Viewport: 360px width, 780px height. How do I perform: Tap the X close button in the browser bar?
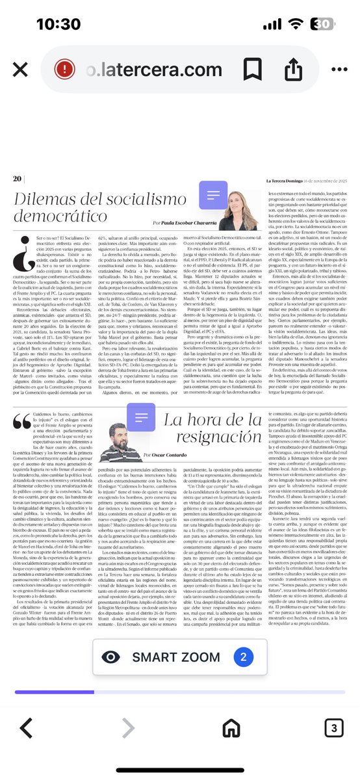[x=21, y=70]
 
